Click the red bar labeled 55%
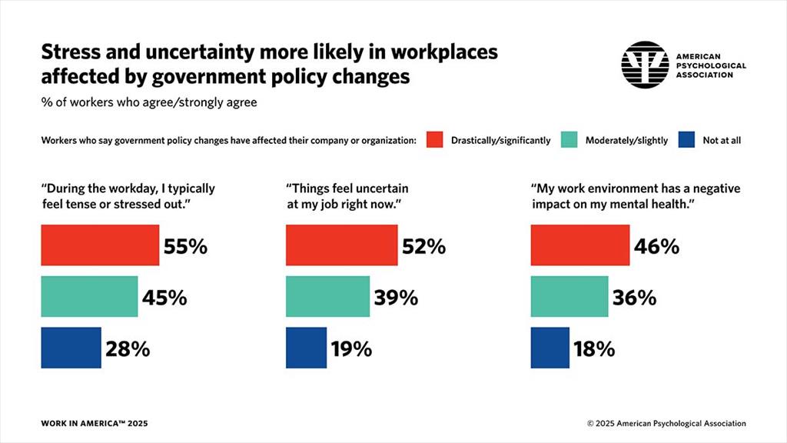point(100,245)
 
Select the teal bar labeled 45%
point(89,296)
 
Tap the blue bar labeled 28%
point(71,348)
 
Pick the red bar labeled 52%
point(342,245)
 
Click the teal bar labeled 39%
point(327,296)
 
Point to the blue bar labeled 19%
point(306,348)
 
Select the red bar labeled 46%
point(580,245)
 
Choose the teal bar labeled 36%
point(569,296)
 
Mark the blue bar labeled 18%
point(550,348)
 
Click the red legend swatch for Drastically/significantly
point(435,140)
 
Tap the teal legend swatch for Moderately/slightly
point(569,140)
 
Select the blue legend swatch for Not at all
point(688,140)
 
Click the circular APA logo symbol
point(643,65)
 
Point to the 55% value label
point(185,246)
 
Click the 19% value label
point(350,348)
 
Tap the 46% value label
point(656,246)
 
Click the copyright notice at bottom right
point(666,423)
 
